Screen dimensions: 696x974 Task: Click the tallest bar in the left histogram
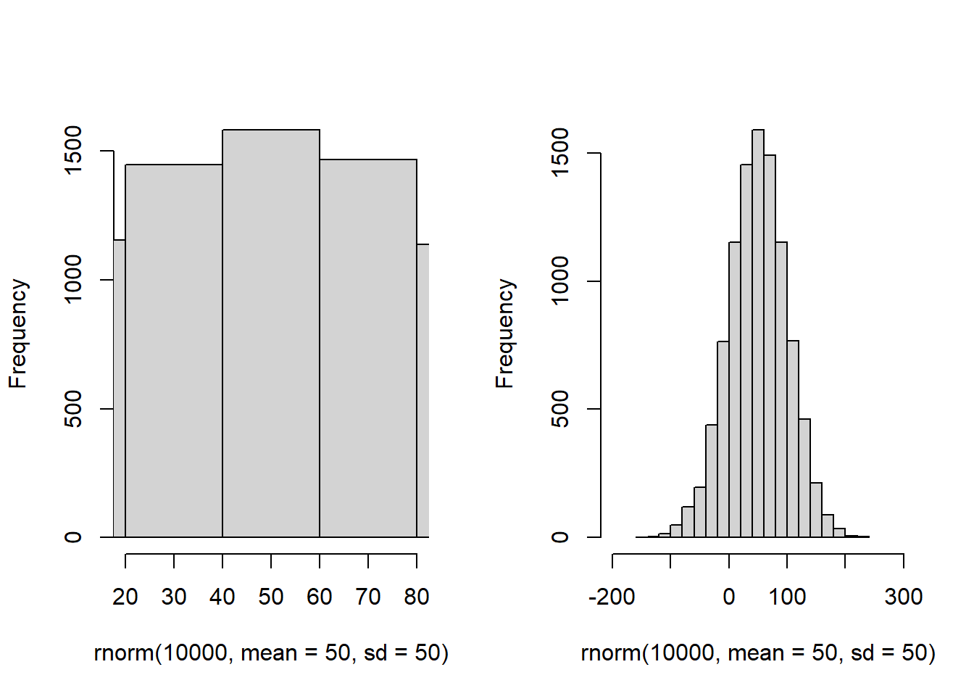click(x=271, y=333)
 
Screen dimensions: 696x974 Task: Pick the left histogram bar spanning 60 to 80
click(x=368, y=348)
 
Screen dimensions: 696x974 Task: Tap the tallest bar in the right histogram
click(x=758, y=333)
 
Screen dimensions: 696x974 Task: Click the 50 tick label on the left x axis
click(x=271, y=597)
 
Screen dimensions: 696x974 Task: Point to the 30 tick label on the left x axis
click(x=174, y=597)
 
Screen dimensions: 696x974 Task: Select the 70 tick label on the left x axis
click(x=368, y=597)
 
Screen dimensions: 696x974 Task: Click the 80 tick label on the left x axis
click(x=417, y=597)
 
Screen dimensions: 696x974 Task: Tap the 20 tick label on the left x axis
click(x=125, y=597)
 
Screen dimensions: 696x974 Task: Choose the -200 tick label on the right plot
click(x=612, y=597)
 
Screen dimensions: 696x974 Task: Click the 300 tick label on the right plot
click(x=904, y=597)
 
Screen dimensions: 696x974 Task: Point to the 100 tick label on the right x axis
click(x=787, y=597)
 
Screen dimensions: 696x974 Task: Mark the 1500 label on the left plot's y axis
click(x=73, y=151)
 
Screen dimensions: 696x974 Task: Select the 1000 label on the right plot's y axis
click(x=560, y=281)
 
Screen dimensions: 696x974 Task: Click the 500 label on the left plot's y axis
click(x=73, y=409)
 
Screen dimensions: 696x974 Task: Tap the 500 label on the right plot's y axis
click(x=560, y=409)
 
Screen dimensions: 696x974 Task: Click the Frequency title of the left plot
click(x=18, y=333)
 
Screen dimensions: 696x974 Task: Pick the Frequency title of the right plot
click(x=505, y=333)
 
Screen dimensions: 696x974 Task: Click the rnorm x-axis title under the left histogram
click(x=271, y=652)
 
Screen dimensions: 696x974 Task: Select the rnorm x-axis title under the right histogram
click(x=758, y=652)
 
